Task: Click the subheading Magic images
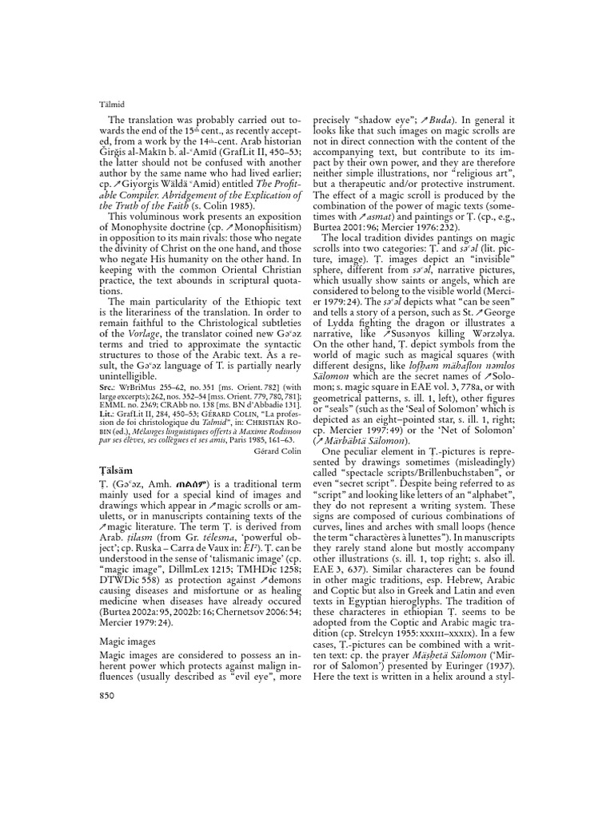tap(126, 639)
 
